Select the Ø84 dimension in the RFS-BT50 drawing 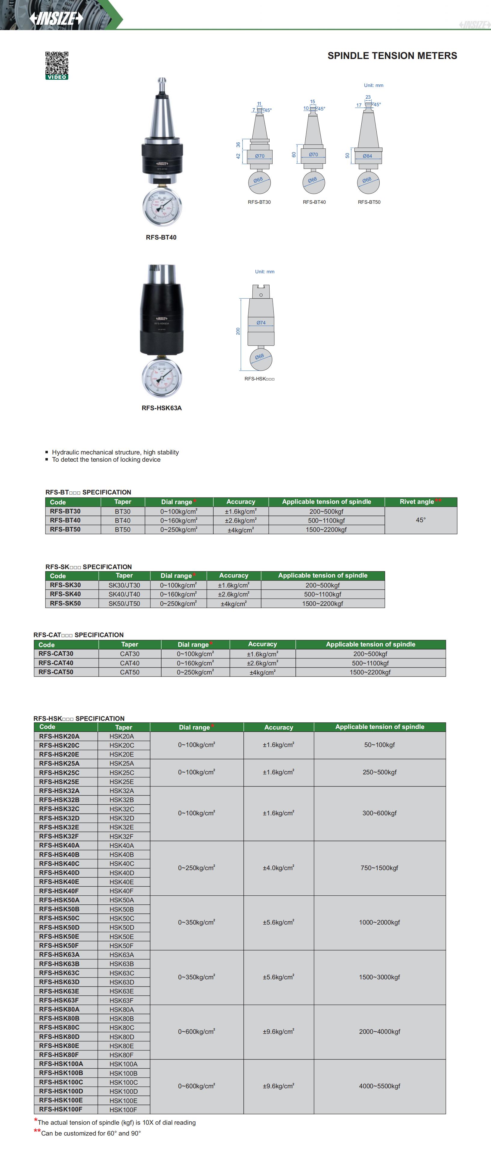pos(367,156)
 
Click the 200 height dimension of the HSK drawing pos(238,331)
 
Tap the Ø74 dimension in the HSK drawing pos(261,323)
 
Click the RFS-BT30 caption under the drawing pos(259,202)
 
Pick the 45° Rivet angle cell pos(421,520)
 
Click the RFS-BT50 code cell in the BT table pos(65,529)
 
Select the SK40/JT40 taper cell pos(125,594)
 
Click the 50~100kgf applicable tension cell pos(380,745)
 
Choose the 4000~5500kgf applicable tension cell pos(380,1086)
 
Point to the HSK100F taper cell pos(123,1110)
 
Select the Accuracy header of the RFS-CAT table pos(262,644)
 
